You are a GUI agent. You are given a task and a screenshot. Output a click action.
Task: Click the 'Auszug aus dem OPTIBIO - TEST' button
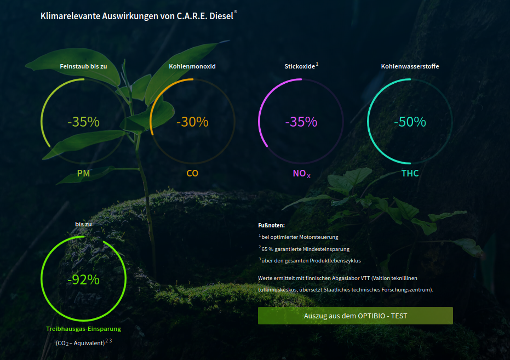[x=355, y=316]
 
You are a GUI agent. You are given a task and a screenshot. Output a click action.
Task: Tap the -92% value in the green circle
[x=83, y=279]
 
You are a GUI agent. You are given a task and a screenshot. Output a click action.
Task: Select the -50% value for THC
[x=410, y=122]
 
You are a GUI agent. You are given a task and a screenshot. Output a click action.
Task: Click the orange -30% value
[x=192, y=122]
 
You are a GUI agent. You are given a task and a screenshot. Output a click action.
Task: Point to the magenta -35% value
[x=301, y=122]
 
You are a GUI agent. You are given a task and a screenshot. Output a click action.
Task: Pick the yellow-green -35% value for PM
[x=83, y=122]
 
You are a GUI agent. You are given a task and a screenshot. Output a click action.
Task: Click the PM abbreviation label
[x=83, y=173]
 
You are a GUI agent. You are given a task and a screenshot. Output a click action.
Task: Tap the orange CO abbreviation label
[x=192, y=173]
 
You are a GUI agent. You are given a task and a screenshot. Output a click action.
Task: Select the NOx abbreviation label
[x=301, y=174]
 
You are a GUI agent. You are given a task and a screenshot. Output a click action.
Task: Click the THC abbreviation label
[x=410, y=173]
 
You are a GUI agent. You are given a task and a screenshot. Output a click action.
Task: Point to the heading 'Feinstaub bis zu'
[x=83, y=66]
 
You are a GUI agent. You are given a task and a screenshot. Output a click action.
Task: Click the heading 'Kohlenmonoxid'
[x=192, y=66]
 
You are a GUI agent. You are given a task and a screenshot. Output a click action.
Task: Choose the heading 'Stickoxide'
[x=300, y=66]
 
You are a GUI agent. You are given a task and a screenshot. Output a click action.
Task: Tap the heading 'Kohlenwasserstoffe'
[x=410, y=66]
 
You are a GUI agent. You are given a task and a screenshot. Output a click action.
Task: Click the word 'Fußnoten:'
[x=271, y=225]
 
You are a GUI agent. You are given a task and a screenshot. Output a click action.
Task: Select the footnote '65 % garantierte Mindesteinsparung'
[x=306, y=249]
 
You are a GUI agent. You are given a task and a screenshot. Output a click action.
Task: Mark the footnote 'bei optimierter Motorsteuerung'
[x=300, y=237]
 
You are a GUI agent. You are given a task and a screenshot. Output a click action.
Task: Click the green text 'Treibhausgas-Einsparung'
[x=83, y=329]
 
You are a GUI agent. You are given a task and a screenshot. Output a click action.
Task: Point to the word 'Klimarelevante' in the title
[x=70, y=16]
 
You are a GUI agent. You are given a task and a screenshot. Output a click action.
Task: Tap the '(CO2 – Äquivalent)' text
[x=80, y=343]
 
